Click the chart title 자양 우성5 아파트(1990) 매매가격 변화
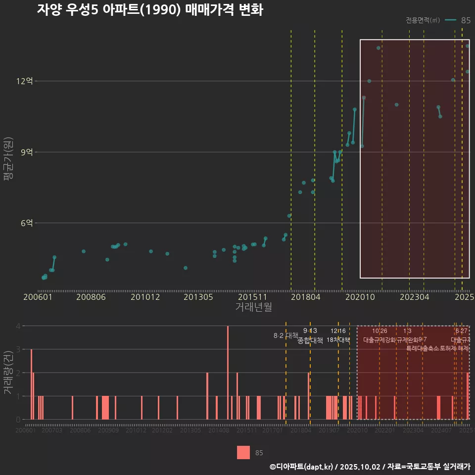click(x=149, y=10)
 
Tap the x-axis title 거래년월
click(x=253, y=307)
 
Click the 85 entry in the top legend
click(x=465, y=20)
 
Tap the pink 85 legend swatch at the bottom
click(x=243, y=452)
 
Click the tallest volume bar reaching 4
click(x=228, y=373)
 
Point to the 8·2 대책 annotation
click(x=285, y=335)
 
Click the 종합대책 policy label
click(x=310, y=340)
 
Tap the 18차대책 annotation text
click(x=338, y=340)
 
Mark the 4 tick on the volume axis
click(x=18, y=326)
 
